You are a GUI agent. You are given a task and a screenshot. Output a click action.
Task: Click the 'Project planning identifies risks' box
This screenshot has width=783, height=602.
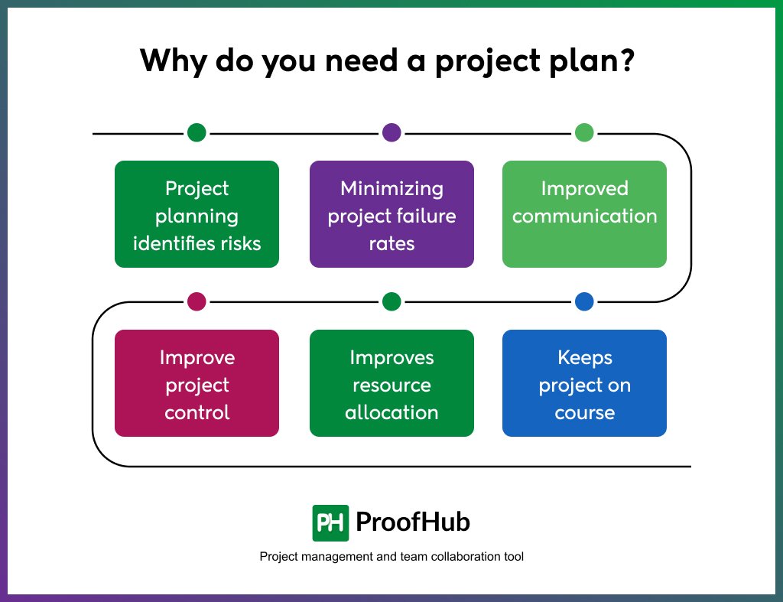click(x=197, y=214)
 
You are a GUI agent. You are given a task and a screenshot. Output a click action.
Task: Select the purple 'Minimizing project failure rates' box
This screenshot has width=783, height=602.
click(x=391, y=214)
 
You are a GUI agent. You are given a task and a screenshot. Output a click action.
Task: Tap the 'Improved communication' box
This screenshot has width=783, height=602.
click(x=584, y=214)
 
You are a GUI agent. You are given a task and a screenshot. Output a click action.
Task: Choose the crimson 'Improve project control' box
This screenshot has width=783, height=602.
click(x=197, y=383)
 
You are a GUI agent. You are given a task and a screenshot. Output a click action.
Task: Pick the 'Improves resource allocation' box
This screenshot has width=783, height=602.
click(x=391, y=383)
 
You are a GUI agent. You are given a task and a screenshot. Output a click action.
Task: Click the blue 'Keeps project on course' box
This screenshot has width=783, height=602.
click(x=584, y=383)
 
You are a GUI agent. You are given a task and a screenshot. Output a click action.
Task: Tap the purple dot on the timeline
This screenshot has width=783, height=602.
click(x=391, y=132)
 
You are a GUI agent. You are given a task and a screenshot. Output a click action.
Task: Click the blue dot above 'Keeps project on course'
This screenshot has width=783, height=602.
click(x=584, y=301)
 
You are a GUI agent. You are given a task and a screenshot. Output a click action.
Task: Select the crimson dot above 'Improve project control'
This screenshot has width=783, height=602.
click(x=197, y=301)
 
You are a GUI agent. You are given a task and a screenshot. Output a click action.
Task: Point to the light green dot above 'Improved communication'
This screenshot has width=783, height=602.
click(x=584, y=132)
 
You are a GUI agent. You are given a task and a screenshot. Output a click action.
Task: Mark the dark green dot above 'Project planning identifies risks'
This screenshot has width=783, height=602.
click(x=197, y=132)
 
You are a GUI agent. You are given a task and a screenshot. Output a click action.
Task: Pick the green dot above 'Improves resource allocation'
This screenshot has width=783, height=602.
click(x=391, y=301)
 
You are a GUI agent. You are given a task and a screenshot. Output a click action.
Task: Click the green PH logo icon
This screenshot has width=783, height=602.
click(x=330, y=523)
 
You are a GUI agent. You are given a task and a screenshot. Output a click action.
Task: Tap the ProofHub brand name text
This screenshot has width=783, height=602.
click(x=413, y=522)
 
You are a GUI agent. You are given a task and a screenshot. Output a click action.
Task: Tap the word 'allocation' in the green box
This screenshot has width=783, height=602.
click(x=391, y=412)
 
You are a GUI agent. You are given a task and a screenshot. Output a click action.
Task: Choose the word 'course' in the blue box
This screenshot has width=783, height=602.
click(x=584, y=412)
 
